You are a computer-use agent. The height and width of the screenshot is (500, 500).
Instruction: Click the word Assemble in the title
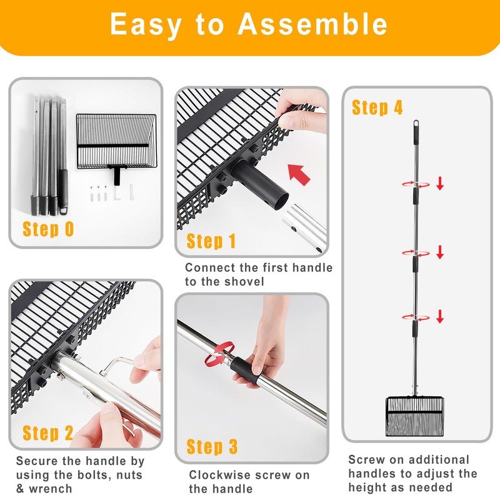(x=312, y=24)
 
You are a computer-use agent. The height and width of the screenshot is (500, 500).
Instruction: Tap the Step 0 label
(x=48, y=229)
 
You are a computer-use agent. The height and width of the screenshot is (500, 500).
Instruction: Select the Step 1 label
(x=211, y=241)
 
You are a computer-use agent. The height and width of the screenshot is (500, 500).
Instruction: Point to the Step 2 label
(x=48, y=432)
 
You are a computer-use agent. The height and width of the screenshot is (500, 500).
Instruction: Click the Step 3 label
(x=212, y=446)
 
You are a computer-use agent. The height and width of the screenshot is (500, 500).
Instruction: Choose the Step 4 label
(x=377, y=107)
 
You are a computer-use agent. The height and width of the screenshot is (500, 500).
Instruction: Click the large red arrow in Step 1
(x=299, y=174)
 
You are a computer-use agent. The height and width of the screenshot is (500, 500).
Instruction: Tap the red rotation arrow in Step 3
(x=219, y=354)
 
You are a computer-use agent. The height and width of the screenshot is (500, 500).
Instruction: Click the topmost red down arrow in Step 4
(x=440, y=183)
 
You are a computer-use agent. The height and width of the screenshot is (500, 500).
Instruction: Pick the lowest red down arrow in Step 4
(x=440, y=316)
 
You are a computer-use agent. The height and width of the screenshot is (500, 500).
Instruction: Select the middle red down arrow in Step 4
(x=440, y=252)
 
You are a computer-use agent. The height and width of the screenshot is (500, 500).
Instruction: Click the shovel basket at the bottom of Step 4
(x=414, y=416)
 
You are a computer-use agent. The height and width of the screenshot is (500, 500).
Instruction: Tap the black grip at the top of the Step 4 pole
(x=416, y=130)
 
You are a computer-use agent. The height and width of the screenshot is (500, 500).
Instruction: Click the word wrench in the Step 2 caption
(x=51, y=489)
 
